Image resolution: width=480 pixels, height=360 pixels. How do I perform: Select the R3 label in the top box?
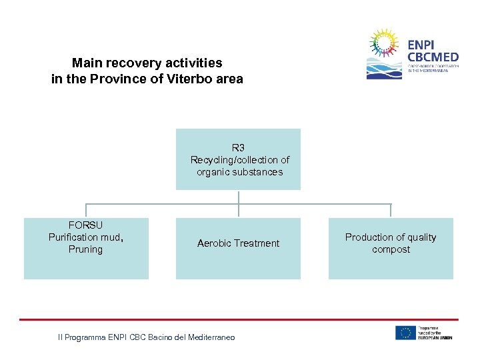click(x=238, y=147)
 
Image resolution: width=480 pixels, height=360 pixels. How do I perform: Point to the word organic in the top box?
click(x=213, y=172)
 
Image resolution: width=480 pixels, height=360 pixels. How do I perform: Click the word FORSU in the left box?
click(x=85, y=225)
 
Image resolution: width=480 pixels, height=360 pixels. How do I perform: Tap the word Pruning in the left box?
click(x=85, y=249)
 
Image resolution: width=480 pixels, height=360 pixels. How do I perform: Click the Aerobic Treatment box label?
click(x=238, y=243)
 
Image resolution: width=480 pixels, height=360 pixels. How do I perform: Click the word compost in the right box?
click(x=391, y=249)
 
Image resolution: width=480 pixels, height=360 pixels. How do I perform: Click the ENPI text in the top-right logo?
click(x=421, y=45)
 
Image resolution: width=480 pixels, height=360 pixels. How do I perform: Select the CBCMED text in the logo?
click(x=432, y=57)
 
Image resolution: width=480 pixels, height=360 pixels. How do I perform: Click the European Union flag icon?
click(x=405, y=333)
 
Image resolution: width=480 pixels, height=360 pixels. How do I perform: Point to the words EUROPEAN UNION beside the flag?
click(x=435, y=337)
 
